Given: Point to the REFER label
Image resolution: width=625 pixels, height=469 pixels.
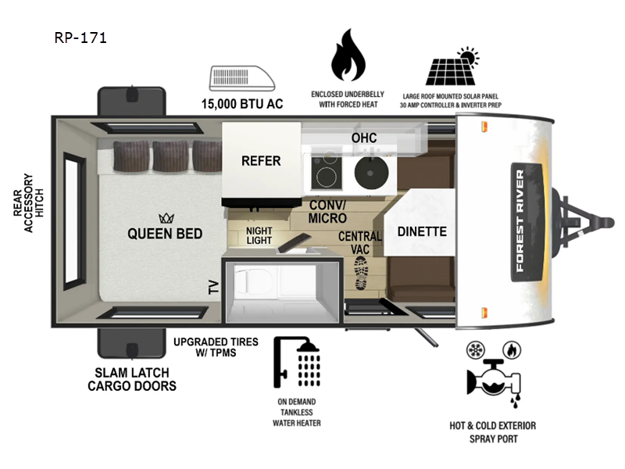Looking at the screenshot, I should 260,161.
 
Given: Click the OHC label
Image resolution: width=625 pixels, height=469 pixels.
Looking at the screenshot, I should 364,138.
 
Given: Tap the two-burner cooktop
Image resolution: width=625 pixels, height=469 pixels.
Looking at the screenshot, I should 327,171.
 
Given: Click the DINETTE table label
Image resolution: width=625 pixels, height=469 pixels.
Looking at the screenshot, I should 422,231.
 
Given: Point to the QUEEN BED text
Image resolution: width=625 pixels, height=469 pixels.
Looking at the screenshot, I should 165,234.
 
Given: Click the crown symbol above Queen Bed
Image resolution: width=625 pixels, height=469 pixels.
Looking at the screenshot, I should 165,218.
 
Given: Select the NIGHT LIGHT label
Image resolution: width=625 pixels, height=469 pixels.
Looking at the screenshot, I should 259,234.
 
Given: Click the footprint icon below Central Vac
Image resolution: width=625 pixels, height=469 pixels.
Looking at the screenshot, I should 362,273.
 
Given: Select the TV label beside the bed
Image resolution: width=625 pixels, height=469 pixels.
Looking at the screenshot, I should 213,287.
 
